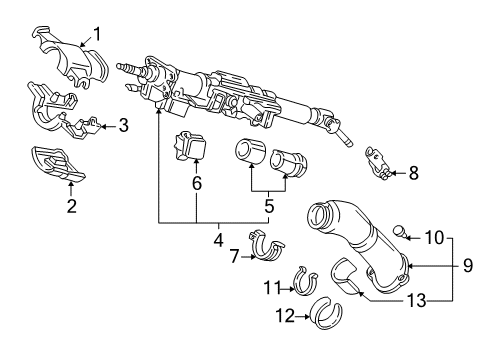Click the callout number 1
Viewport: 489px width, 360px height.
(x=98, y=32)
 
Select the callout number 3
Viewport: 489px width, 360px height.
(x=123, y=126)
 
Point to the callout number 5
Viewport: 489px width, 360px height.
(x=268, y=207)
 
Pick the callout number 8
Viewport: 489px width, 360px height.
(x=413, y=172)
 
